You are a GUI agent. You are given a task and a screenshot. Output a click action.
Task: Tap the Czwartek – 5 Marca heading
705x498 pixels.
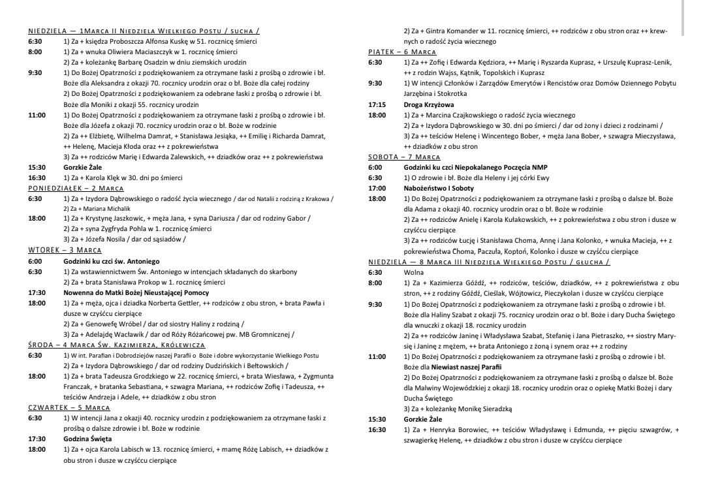coord(69,407)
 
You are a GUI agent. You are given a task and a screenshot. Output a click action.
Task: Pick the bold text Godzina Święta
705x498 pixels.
coord(87,439)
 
